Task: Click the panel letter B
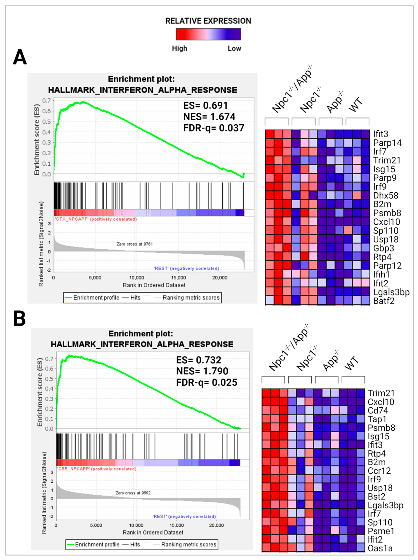coord(19,319)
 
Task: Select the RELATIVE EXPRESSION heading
coord(208,21)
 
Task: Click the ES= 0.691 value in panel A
coord(205,105)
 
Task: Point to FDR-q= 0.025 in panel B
coord(206,382)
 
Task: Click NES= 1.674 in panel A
coord(209,117)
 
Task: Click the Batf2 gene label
coord(384,301)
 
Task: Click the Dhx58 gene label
coord(385,195)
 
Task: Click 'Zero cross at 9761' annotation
coord(134,244)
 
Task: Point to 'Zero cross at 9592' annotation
coord(133,493)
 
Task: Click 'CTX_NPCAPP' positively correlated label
coord(95,219)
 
